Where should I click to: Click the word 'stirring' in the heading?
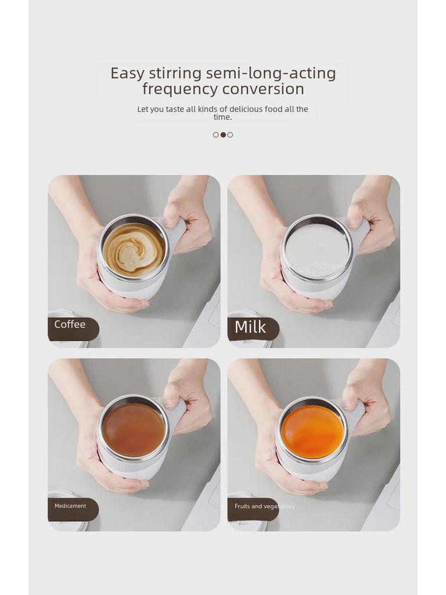(175, 74)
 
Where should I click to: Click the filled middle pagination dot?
(223, 135)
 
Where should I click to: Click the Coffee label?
(70, 325)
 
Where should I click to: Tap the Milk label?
(250, 328)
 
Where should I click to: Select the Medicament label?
(70, 506)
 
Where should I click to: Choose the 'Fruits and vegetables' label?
(264, 507)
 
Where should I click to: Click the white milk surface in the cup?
(316, 251)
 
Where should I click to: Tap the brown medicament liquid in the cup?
(133, 430)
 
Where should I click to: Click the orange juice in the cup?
(312, 432)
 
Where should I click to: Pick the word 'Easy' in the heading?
(127, 74)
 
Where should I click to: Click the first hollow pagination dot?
(216, 135)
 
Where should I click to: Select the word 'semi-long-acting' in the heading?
(271, 74)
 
